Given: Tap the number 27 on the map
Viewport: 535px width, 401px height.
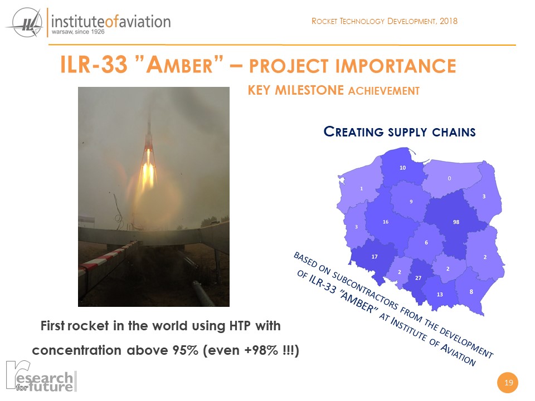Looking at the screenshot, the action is [419, 278].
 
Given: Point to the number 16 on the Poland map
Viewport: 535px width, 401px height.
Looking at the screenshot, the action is [386, 222].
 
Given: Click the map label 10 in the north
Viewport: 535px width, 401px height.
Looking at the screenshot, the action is [402, 168].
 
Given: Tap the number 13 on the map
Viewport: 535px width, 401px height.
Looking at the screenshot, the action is [440, 294].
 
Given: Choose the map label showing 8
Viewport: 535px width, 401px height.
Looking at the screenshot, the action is [471, 291].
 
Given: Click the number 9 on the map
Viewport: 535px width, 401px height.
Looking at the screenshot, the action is [411, 202].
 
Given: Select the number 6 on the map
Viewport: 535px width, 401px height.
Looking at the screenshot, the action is [426, 242].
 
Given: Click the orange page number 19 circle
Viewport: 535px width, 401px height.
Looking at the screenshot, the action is [508, 382].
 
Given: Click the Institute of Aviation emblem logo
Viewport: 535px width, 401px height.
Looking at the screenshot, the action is [25, 23].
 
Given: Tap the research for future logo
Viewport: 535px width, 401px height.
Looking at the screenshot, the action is [41, 376].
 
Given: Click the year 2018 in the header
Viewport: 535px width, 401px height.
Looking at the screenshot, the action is [448, 21].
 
